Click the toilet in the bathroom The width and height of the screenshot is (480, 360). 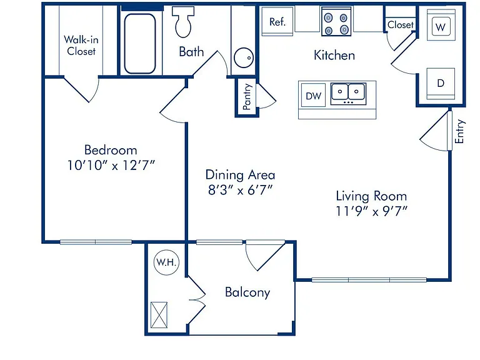[x=183, y=21]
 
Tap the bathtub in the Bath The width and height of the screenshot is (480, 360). [x=140, y=44]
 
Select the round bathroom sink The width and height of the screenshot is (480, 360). [x=244, y=57]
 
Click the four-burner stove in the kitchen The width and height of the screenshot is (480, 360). [x=336, y=21]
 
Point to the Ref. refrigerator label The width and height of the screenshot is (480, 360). [x=277, y=22]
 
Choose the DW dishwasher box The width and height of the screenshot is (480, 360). [x=313, y=96]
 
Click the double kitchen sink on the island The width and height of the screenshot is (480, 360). [x=348, y=94]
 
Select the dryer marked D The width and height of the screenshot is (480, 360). [x=441, y=83]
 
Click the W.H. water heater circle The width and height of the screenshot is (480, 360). [x=166, y=262]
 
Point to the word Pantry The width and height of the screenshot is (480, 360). [x=247, y=96]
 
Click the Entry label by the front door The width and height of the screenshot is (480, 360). [x=459, y=132]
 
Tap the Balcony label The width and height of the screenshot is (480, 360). [x=247, y=292]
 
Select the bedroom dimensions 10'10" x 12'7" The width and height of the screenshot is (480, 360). [x=111, y=165]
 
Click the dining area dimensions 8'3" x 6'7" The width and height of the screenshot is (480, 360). [x=240, y=190]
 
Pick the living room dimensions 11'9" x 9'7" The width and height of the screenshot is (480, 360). [x=371, y=211]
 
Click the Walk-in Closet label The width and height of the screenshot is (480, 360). [x=81, y=45]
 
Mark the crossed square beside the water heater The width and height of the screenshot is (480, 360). [x=159, y=315]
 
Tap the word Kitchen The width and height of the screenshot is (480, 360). [x=334, y=56]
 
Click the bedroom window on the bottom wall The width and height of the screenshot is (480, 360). [x=96, y=242]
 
